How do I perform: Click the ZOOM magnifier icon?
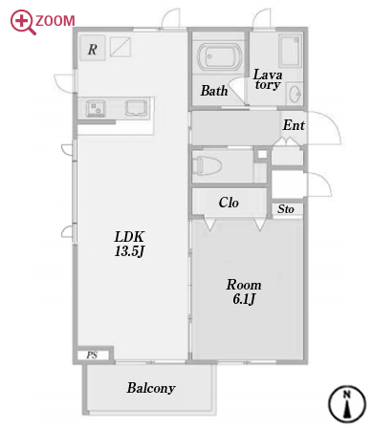(x=21, y=22)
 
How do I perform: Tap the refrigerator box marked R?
(x=93, y=48)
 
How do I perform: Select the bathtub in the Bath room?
(x=219, y=56)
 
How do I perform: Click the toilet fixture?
(x=208, y=165)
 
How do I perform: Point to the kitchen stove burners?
(x=96, y=108)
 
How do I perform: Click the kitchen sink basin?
(x=137, y=108)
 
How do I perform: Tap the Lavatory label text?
(x=268, y=79)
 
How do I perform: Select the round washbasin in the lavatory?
(x=295, y=94)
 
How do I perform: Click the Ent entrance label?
(x=294, y=125)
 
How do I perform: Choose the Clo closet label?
(x=229, y=203)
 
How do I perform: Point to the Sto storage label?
(x=286, y=209)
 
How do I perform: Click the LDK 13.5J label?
(x=129, y=244)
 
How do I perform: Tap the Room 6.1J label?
(x=244, y=291)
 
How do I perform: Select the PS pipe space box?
(x=93, y=355)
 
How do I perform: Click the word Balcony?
(x=151, y=388)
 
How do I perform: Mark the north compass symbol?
(x=347, y=404)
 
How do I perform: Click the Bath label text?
(x=214, y=91)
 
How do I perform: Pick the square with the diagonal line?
(x=120, y=47)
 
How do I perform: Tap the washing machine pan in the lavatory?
(x=290, y=51)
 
